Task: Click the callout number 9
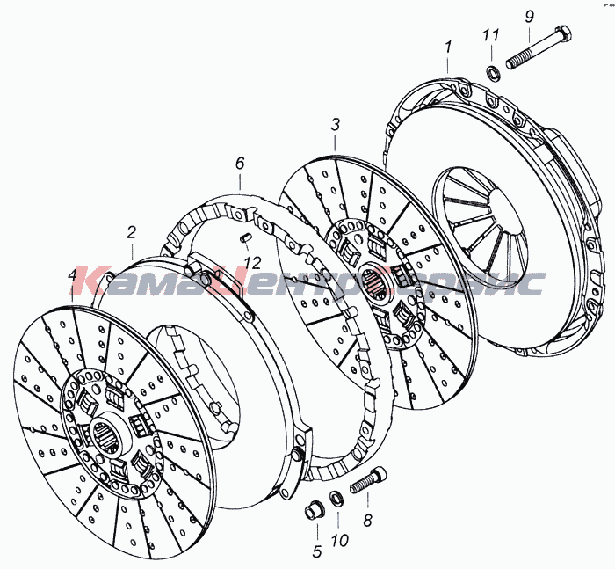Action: coord(529,17)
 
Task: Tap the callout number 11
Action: coord(490,35)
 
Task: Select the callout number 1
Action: coord(448,47)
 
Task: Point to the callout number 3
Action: coord(335,125)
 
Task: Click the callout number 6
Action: coord(240,163)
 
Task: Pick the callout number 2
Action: coord(131,232)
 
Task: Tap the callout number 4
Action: coord(73,275)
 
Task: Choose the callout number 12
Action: coord(251,262)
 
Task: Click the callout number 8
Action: coord(367,521)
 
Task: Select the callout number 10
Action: coord(340,541)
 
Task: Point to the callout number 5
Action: coord(317,551)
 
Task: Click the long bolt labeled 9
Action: coord(538,48)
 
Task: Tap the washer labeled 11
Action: coord(493,73)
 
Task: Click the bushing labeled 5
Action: coord(315,509)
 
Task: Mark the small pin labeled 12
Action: coord(245,237)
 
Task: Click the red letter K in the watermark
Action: coord(92,281)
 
